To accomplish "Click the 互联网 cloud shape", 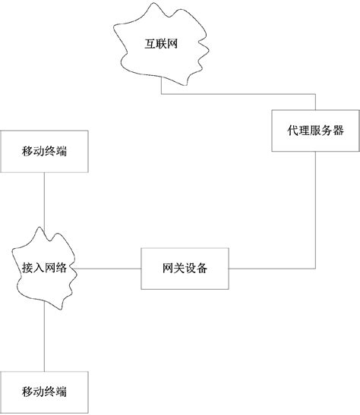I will (x=160, y=46).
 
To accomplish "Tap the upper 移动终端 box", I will (x=44, y=151).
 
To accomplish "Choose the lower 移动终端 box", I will (x=44, y=391).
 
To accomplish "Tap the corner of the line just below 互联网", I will (x=161, y=95).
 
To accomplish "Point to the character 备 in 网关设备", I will (x=203, y=269).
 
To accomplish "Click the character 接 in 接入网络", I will (x=26, y=269).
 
